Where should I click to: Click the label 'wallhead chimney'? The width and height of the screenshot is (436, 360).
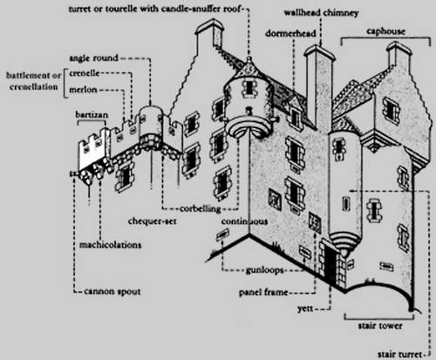321,13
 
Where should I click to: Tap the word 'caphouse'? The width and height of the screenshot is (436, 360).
385,31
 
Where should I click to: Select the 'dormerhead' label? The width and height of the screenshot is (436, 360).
290,33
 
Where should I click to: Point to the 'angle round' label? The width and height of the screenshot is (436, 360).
93,58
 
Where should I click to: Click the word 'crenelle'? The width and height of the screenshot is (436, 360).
85,73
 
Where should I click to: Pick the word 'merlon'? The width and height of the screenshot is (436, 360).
83,90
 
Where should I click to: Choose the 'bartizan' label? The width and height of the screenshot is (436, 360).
92,114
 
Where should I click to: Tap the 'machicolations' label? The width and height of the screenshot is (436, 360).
110,245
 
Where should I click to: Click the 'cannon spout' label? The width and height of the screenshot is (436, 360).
112,291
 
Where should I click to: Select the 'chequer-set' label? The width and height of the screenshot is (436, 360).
153,221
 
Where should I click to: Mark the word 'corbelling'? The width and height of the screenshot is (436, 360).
201,208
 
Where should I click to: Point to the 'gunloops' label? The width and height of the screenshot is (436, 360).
264,270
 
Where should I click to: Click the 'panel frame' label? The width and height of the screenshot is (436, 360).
263,292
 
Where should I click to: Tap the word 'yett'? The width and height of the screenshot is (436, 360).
305,309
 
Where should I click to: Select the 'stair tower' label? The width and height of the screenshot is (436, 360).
380,326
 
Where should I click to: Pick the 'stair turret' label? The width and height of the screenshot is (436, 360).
399,354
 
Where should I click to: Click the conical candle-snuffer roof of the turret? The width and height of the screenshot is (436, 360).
249,67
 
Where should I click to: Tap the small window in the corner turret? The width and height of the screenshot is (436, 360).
249,86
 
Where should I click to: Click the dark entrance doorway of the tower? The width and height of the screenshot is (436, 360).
330,265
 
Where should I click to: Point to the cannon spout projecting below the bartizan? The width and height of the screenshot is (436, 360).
73,173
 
